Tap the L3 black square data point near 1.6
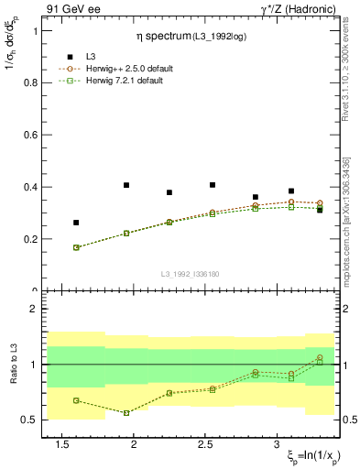pos(76,223)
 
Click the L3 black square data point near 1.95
pos(126,185)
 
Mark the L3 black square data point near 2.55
pos(213,185)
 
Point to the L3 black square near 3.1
pos(291,191)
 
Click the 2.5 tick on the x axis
pos(213,443)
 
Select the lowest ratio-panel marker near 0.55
pos(126,413)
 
